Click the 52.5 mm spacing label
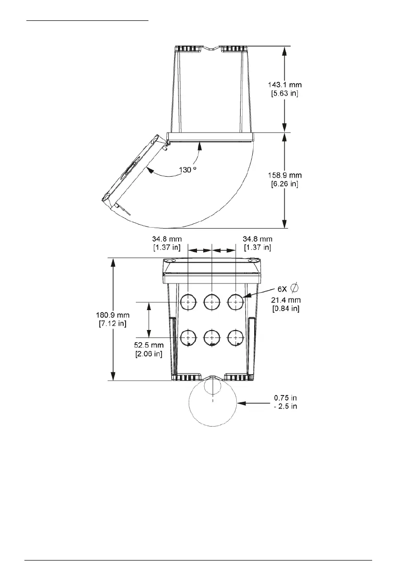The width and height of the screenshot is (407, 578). (x=149, y=345)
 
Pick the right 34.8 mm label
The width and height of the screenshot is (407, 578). (x=257, y=239)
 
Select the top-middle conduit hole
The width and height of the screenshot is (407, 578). (x=212, y=302)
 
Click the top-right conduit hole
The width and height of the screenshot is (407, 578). (x=235, y=302)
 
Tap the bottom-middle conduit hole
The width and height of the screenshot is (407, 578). (x=212, y=337)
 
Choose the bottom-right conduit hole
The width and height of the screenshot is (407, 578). (x=235, y=337)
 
